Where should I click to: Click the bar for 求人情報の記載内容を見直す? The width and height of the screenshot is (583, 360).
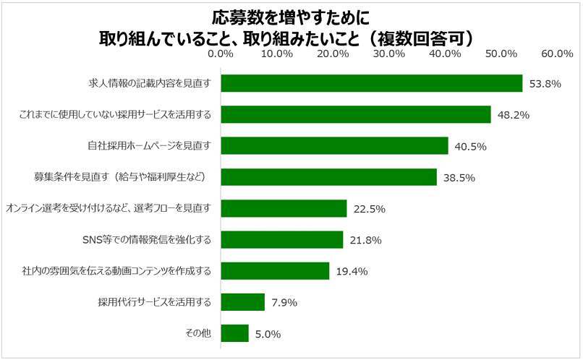[371, 83]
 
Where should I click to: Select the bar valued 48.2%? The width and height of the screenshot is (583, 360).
[355, 114]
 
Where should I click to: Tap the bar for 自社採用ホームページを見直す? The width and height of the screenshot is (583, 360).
[334, 145]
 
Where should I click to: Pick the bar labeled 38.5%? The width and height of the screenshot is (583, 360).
[328, 177]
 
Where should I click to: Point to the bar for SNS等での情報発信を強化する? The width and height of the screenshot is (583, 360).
[281, 239]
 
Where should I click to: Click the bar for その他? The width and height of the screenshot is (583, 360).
[234, 333]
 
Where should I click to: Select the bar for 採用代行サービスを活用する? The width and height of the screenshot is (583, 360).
[242, 301]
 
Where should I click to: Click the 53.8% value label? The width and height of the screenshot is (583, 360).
[545, 84]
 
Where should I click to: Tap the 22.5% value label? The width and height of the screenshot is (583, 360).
[369, 209]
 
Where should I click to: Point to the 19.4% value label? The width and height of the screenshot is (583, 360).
[352, 272]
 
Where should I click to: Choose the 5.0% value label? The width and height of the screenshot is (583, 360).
[268, 334]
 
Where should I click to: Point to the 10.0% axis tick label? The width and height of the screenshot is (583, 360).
[276, 53]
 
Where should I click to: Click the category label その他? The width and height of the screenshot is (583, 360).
[198, 333]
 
